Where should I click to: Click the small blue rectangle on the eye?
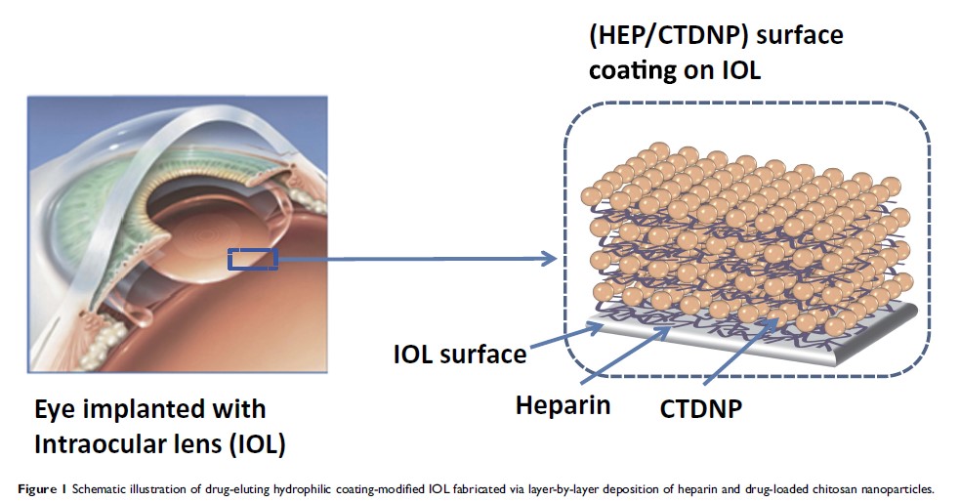253,259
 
